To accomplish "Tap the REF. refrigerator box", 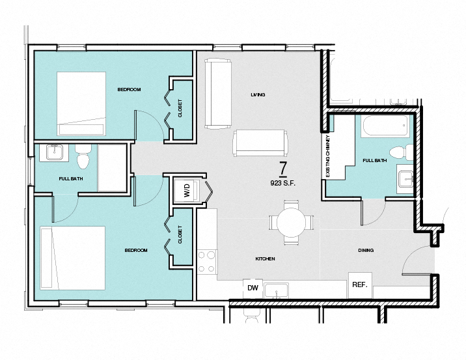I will tap(360, 284).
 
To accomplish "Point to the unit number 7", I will tap(283, 168).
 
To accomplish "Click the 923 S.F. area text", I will tap(283, 183).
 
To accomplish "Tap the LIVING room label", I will tap(258, 95).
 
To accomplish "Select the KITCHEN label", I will tap(265, 259).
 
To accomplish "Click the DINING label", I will tap(366, 250).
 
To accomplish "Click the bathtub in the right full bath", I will tap(383, 126).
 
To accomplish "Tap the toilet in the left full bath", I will tap(83, 158).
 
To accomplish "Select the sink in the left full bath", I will tap(53, 153).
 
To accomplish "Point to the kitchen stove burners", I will tap(208, 261).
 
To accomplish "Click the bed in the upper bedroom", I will tap(81, 102).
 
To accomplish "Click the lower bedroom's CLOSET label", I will tap(180, 237).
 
